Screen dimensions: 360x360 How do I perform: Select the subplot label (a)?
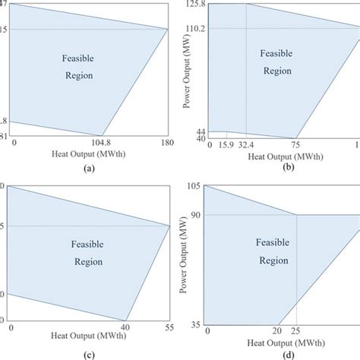point(90,170)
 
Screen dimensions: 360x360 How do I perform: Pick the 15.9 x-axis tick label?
point(226,144)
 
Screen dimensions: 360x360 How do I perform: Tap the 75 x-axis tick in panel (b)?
point(295,144)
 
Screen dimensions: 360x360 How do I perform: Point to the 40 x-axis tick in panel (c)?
point(125,327)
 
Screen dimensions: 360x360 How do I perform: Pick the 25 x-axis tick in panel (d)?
point(297,331)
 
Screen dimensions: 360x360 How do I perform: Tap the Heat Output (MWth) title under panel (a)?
point(90,155)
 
